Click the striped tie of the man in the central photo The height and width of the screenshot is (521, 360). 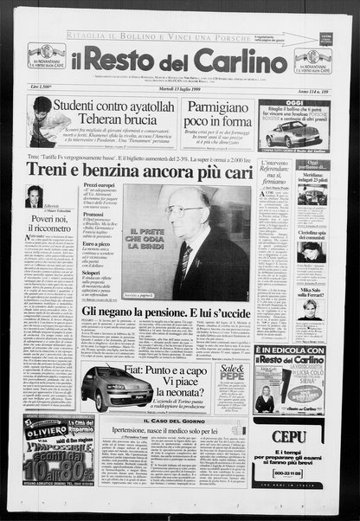tap(186, 260)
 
